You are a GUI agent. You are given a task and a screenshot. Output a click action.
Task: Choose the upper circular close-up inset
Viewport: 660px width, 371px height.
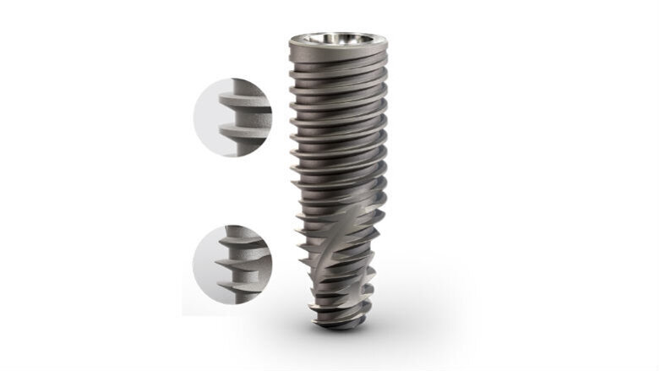pos(232,119)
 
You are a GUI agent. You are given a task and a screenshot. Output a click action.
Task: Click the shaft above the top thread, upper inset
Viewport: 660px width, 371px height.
pos(254,87)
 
